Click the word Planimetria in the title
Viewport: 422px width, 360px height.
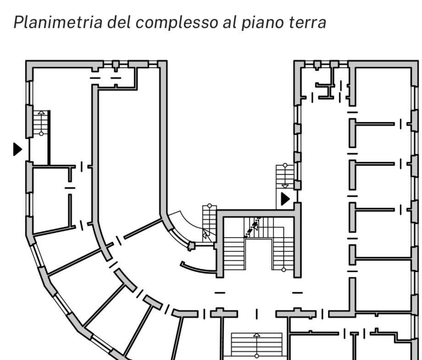58,22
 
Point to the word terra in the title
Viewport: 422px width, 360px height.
308,22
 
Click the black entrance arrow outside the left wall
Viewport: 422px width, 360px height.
17,149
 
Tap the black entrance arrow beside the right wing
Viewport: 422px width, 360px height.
285,199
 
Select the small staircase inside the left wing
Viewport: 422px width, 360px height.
41,123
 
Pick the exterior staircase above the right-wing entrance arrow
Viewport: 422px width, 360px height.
285,177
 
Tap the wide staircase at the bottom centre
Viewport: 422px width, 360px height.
257,346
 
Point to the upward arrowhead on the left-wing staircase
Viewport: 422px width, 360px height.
41,112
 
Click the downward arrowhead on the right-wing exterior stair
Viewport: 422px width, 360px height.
285,186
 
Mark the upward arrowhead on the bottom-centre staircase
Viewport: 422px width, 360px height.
257,335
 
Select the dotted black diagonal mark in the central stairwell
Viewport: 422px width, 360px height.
252,227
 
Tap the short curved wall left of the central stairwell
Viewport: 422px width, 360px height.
198,268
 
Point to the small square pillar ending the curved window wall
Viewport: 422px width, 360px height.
191,246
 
